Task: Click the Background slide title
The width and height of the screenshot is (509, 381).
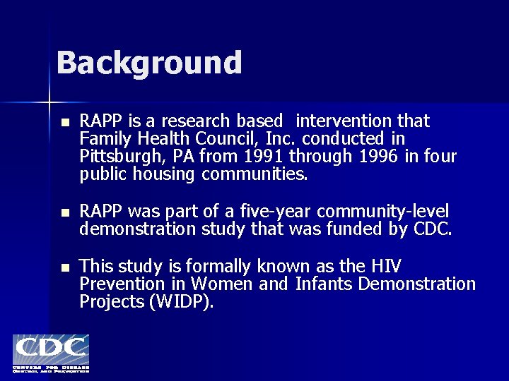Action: point(149,63)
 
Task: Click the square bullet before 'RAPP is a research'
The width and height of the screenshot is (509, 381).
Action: point(65,123)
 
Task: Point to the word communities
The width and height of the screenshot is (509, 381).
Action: point(255,174)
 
